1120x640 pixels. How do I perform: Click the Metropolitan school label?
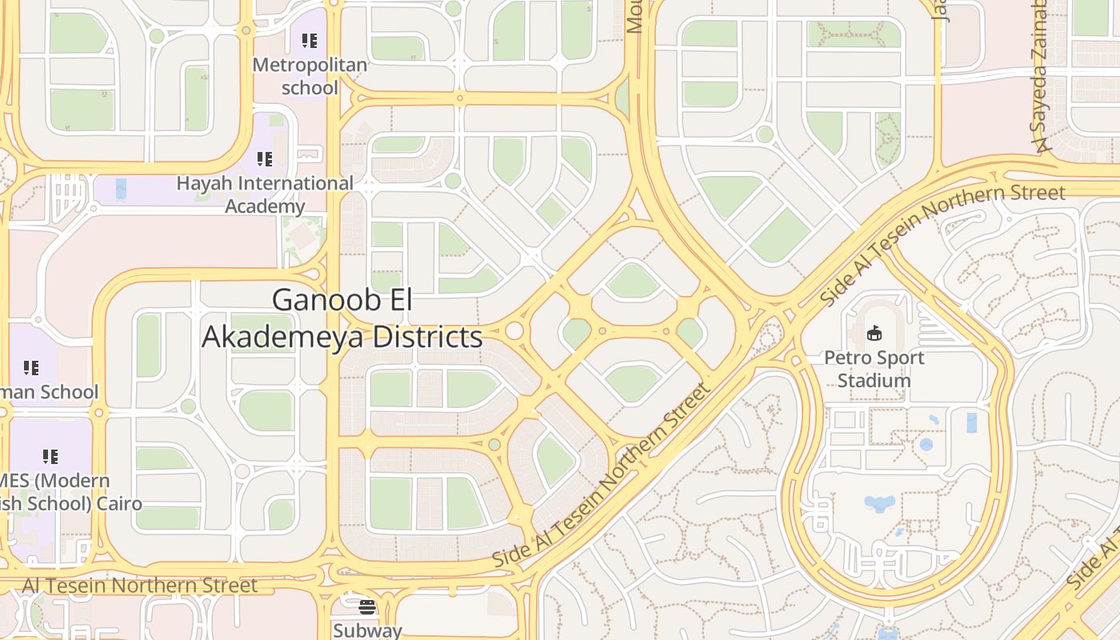(x=310, y=76)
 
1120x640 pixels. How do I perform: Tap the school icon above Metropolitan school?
(x=310, y=40)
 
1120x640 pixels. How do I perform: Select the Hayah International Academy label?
(x=265, y=194)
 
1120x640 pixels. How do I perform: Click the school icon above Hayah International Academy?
(x=265, y=158)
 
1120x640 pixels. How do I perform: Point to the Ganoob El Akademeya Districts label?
(x=342, y=318)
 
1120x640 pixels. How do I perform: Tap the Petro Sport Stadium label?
(x=874, y=369)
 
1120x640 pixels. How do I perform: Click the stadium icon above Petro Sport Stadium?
(x=874, y=333)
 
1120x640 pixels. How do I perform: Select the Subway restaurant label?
(x=367, y=630)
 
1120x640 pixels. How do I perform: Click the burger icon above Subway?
(x=367, y=607)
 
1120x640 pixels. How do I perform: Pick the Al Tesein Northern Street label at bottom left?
(x=140, y=586)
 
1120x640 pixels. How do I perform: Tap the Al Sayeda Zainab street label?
(x=1040, y=76)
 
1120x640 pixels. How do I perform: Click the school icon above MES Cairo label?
(x=50, y=457)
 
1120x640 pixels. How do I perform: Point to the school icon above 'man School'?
(x=31, y=368)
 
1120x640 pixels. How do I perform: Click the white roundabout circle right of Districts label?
(x=514, y=330)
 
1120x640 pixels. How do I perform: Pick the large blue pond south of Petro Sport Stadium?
(x=879, y=503)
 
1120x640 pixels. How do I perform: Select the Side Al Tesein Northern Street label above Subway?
(x=602, y=475)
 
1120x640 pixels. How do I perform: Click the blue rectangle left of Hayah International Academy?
(x=121, y=189)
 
